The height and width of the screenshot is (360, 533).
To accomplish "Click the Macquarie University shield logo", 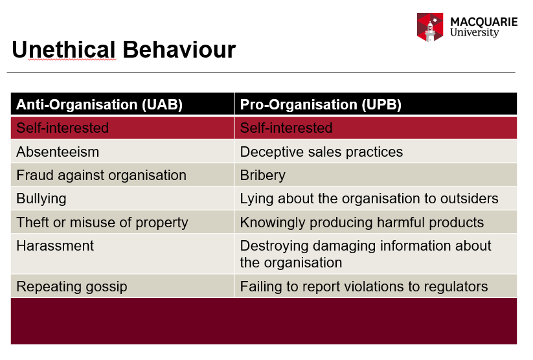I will [430, 27].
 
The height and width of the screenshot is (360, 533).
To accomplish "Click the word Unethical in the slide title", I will [63, 50].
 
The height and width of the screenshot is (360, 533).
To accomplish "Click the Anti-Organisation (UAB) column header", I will [99, 104].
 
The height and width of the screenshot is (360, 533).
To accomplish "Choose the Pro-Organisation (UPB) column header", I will [321, 104].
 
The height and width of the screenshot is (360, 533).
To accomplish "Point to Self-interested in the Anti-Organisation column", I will [62, 128].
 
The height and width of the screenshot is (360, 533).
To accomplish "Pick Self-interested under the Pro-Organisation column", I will [286, 128].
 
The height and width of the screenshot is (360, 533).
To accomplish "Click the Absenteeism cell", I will [58, 152].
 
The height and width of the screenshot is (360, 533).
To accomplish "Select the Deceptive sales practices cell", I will [321, 152].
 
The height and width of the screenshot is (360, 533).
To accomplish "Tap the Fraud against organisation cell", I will [101, 175].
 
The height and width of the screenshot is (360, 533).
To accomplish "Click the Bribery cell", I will [262, 175].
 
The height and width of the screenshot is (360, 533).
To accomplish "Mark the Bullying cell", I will [41, 199].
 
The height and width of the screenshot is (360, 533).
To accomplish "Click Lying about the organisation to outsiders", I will [369, 199].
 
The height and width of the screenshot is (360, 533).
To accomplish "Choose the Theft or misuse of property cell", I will [102, 223].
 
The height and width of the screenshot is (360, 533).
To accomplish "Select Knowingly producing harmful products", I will [361, 223].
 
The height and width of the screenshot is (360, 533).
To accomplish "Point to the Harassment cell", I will [55, 246].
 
